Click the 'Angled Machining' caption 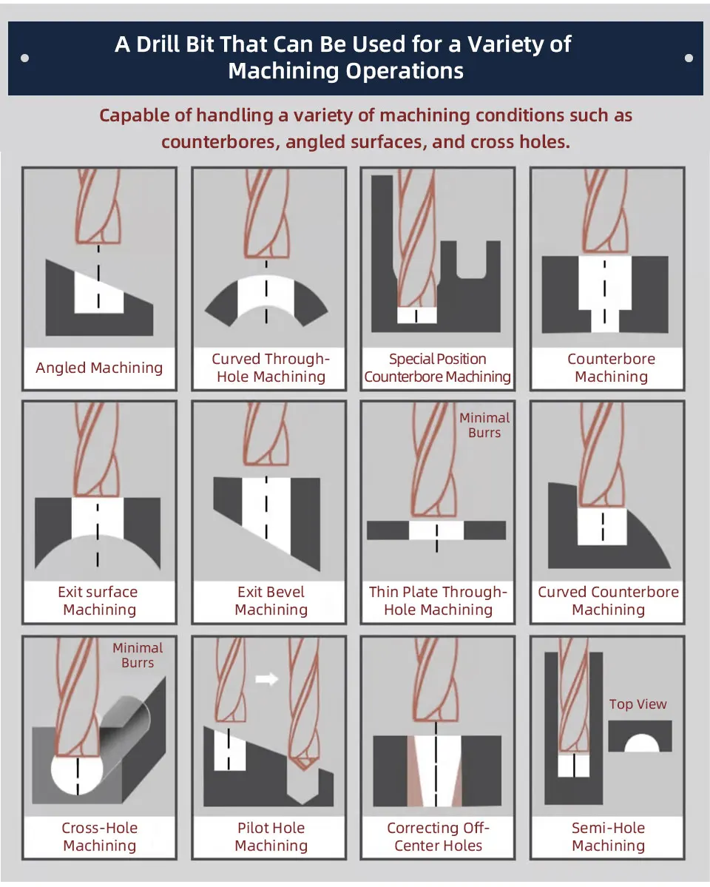coord(99,368)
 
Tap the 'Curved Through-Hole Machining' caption coord(271,368)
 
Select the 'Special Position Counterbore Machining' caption coord(437,368)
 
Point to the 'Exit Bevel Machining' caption coord(271,601)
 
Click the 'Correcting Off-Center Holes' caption coord(438,837)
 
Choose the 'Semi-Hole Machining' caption coord(608,837)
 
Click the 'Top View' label coord(638,704)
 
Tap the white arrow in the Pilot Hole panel coord(266,678)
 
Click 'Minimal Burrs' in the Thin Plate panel coord(484,425)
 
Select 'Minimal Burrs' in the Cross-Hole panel coord(138,655)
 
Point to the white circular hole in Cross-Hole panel coord(77,770)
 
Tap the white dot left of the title coord(25,58)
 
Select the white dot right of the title coord(689,58)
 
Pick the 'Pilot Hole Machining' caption coord(271,837)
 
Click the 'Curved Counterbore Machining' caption coord(608,601)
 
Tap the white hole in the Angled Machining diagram coord(98,292)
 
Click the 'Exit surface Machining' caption coord(99,601)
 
